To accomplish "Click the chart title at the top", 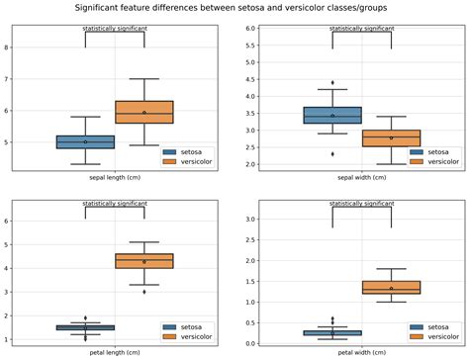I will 234,7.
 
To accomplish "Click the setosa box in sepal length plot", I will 85,141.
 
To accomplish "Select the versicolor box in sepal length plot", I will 144,112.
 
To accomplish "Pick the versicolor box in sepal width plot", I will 391,137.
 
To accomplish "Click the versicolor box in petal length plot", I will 144,261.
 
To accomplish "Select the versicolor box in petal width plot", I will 391,287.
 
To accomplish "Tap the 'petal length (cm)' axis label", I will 115,352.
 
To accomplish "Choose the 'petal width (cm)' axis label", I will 362,352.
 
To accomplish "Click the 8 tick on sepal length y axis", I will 8,46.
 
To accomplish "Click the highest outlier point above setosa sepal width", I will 332,82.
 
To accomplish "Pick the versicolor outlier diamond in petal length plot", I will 144,292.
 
